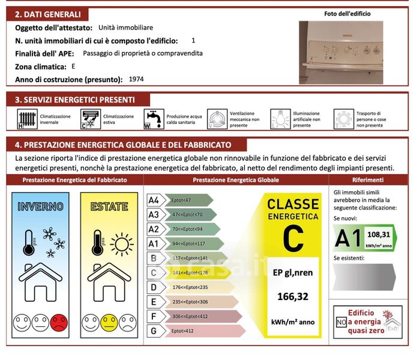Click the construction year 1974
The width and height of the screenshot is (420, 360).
[136, 79]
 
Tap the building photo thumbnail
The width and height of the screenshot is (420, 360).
[341, 53]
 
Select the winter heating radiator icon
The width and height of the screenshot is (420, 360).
[26, 119]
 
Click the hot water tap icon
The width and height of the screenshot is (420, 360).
[153, 119]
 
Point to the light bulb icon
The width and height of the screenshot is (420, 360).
[280, 119]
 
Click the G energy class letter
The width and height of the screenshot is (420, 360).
[154, 331]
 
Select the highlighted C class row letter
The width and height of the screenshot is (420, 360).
[154, 273]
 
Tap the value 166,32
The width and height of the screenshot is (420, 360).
[293, 296]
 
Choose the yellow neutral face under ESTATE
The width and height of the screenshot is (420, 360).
[109, 323]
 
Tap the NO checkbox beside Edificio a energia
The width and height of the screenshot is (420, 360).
[341, 322]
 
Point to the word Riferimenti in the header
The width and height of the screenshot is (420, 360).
[368, 180]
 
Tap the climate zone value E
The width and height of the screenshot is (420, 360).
[73, 66]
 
